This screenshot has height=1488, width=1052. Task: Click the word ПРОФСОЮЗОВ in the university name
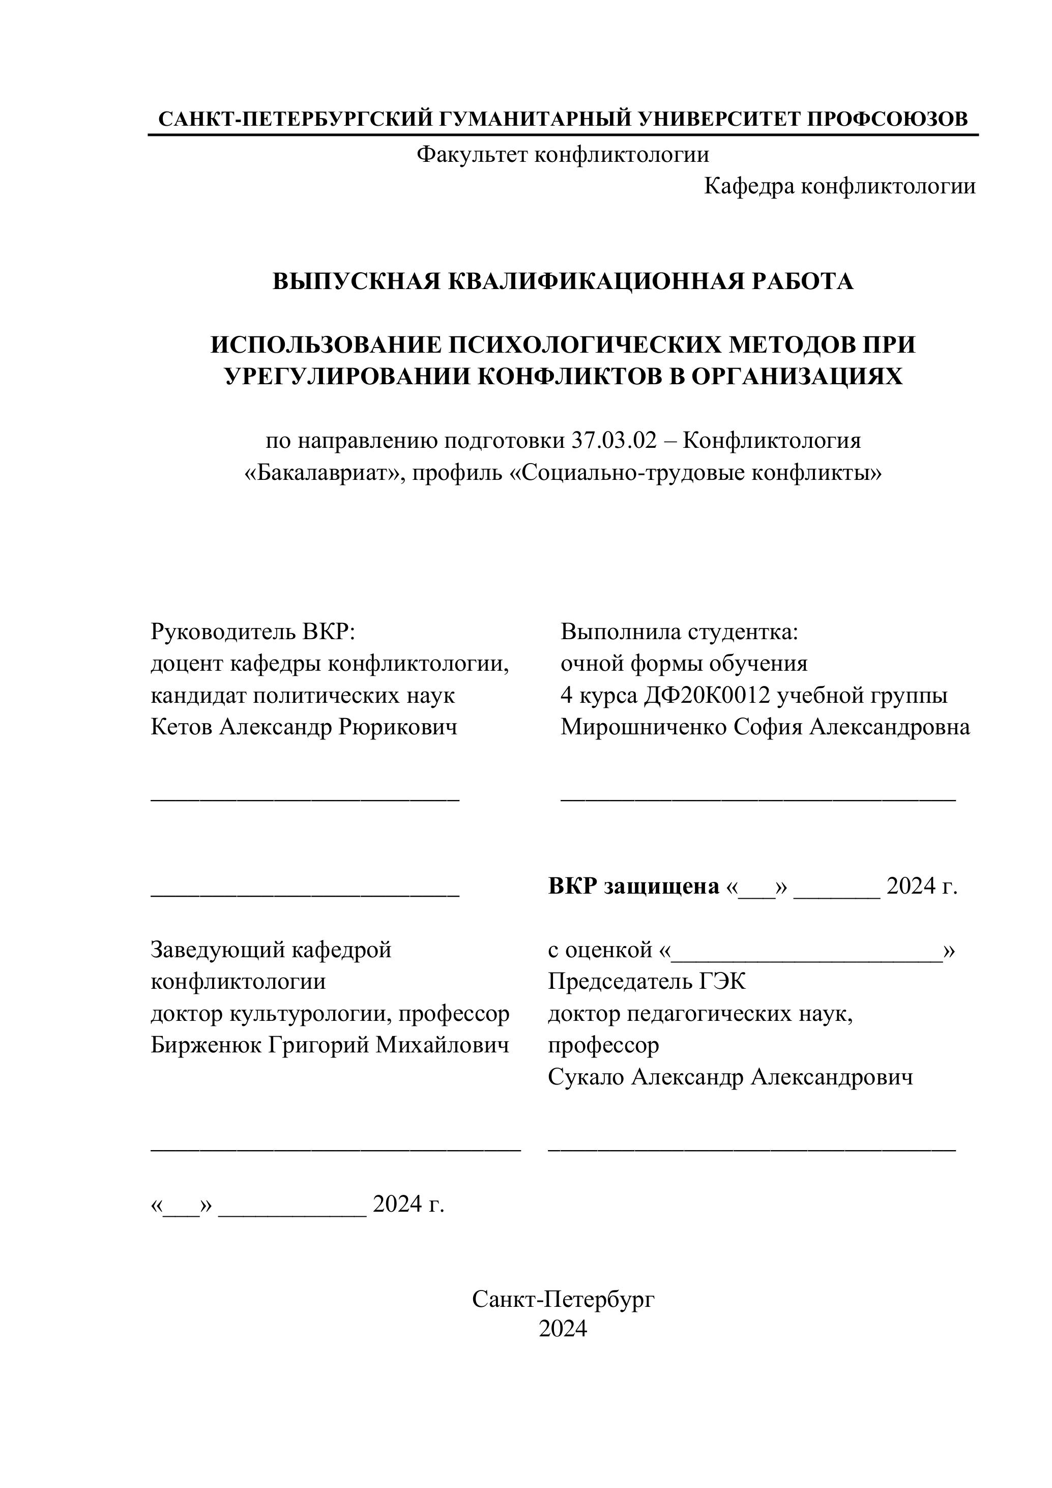(888, 119)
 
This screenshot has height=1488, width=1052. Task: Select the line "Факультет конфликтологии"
(562, 154)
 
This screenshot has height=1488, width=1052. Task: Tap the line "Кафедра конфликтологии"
(839, 186)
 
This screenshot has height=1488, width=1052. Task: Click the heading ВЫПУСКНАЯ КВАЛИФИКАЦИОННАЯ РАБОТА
(562, 281)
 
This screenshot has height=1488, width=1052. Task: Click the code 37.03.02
(613, 441)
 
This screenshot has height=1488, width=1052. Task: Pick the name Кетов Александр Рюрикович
(304, 727)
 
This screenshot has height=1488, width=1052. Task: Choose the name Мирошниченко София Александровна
(765, 727)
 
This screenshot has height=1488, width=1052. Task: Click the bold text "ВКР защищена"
(633, 885)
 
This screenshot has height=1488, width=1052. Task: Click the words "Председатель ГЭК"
(647, 981)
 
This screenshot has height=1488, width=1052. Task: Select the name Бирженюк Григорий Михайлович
(330, 1045)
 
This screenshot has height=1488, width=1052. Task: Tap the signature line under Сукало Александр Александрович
(751, 1150)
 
